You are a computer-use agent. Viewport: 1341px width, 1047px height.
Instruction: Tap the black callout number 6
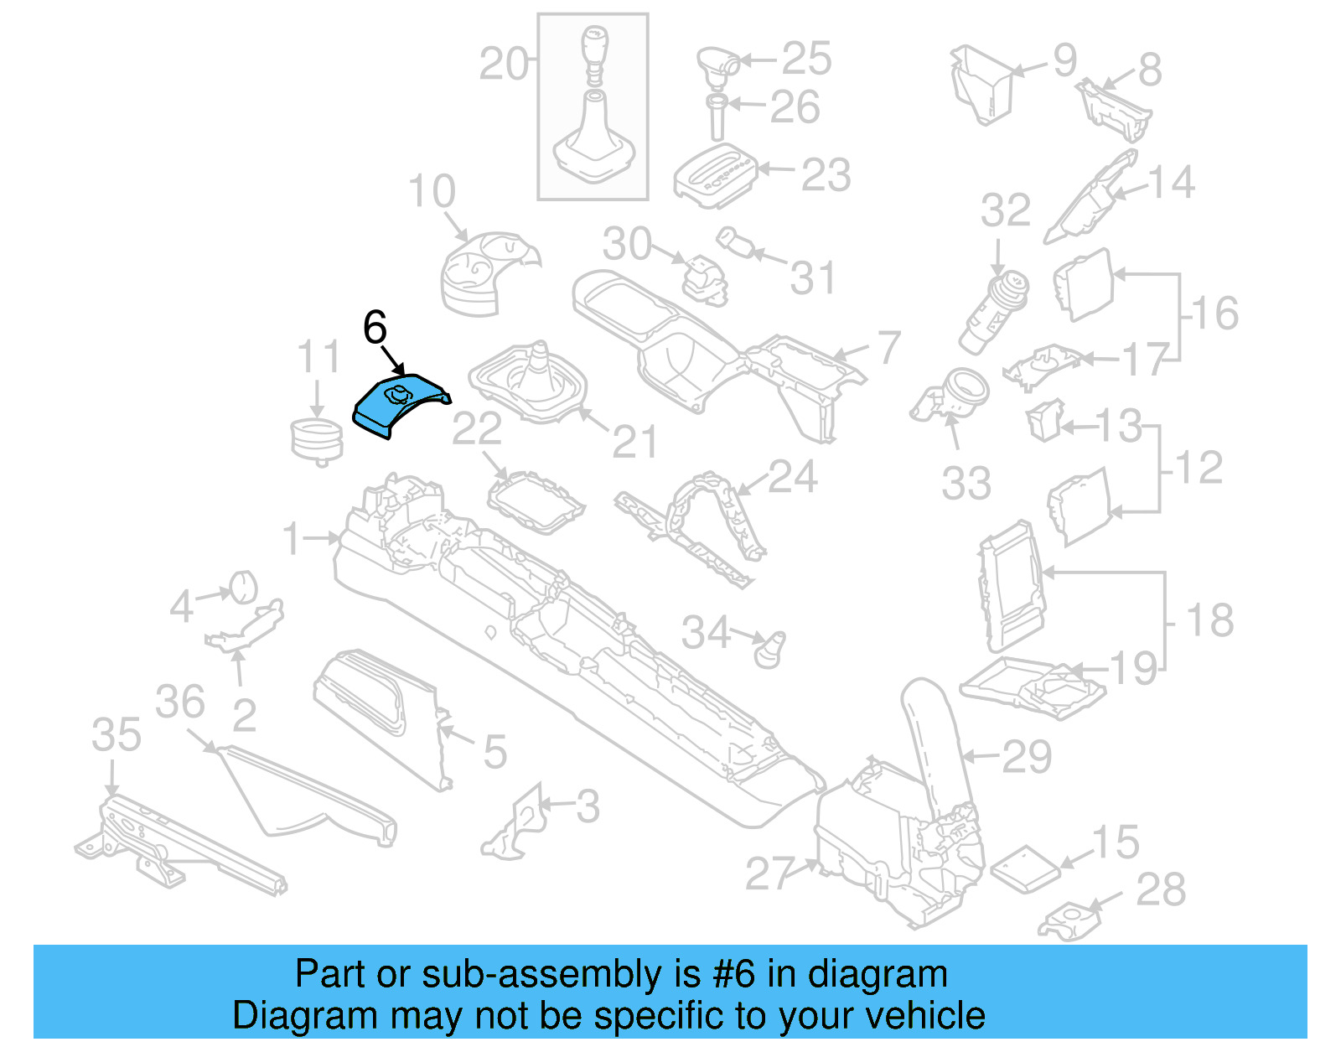(375, 328)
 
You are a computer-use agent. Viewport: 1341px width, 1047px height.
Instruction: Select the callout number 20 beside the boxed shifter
(504, 64)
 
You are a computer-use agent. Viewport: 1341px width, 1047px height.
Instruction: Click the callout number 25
(806, 59)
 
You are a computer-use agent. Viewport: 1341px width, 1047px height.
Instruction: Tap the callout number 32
(1005, 210)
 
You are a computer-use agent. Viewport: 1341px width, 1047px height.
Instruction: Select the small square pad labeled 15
(1025, 866)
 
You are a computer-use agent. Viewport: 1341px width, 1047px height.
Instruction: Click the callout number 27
(769, 873)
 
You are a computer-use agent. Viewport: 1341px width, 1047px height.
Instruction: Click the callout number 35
(116, 735)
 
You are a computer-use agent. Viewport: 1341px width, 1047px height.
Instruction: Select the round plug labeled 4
(242, 586)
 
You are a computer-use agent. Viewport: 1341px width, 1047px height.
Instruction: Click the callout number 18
(1210, 621)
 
